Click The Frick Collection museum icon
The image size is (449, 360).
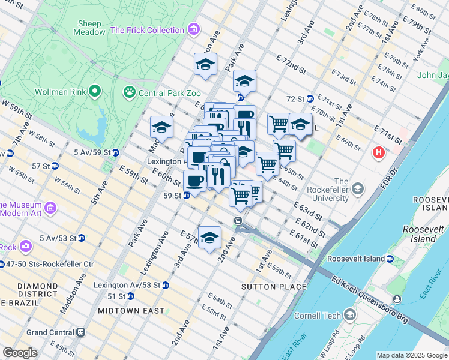[x=193, y=29]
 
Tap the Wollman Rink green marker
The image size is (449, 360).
[x=94, y=92]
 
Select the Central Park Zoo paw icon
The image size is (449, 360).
[x=129, y=92]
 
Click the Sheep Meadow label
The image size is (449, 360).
[x=89, y=28]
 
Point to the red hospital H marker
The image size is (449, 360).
[x=379, y=153]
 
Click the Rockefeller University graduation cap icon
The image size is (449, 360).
[x=358, y=190]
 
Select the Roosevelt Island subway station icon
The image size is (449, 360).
[x=390, y=259]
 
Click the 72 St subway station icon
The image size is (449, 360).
[x=310, y=98]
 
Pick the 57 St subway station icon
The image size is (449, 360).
[x=55, y=166]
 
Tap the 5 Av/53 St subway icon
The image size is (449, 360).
[x=81, y=238]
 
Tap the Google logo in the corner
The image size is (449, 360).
[x=20, y=353]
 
